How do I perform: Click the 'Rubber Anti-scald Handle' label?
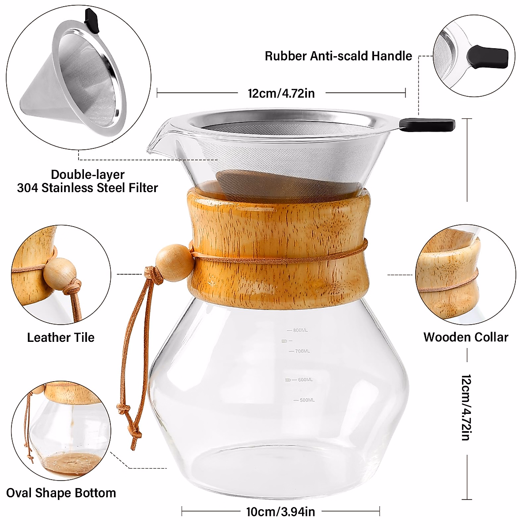click(338, 56)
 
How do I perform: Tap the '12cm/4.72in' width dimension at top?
click(281, 93)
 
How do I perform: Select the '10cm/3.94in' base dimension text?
click(280, 512)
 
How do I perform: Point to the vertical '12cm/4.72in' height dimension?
click(466, 407)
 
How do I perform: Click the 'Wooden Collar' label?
click(466, 337)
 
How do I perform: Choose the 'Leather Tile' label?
click(61, 337)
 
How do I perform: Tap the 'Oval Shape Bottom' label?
click(61, 493)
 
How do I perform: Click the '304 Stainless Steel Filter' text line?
click(87, 188)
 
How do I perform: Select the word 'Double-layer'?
click(87, 174)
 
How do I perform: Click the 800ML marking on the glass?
click(300, 330)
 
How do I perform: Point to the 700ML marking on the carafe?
click(302, 351)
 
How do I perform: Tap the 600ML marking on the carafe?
click(305, 380)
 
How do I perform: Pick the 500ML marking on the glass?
click(307, 400)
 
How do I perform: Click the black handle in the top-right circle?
click(488, 56)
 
